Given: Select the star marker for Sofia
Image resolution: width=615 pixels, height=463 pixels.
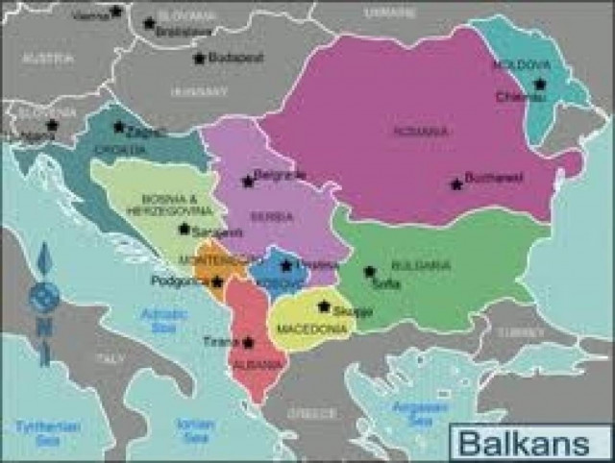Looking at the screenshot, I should point(370,272).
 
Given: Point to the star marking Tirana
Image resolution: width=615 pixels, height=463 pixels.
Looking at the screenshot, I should point(249,342).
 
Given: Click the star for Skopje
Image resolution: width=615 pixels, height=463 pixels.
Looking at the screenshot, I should point(324,306).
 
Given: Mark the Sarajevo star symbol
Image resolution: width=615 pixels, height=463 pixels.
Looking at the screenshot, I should point(184,230).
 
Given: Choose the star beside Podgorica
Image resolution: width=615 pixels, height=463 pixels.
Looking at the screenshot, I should point(217,281).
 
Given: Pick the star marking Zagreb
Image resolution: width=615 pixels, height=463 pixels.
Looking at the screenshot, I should point(119,127).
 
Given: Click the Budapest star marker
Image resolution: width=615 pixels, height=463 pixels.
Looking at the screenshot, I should point(199,58).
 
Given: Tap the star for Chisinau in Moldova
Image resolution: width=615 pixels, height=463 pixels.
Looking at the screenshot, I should point(539,85).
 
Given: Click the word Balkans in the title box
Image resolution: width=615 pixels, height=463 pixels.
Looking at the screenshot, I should point(524,444).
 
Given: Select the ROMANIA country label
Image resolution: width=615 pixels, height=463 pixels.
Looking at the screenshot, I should point(421,131).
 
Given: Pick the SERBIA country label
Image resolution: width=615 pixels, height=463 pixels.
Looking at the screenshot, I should point(272,217).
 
